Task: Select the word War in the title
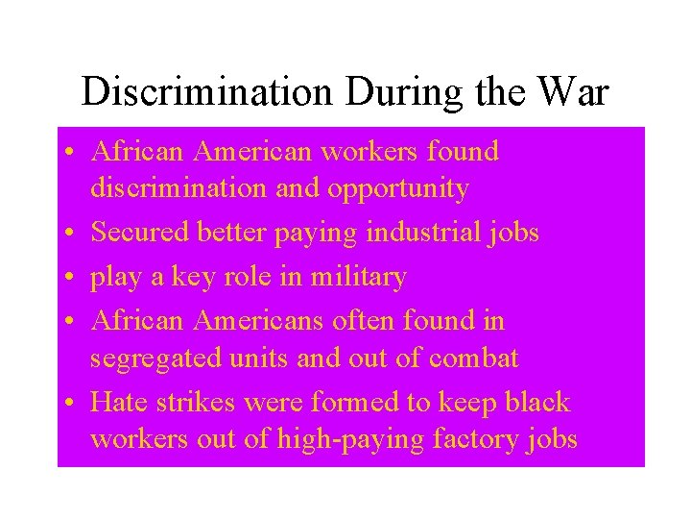pos(574,91)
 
